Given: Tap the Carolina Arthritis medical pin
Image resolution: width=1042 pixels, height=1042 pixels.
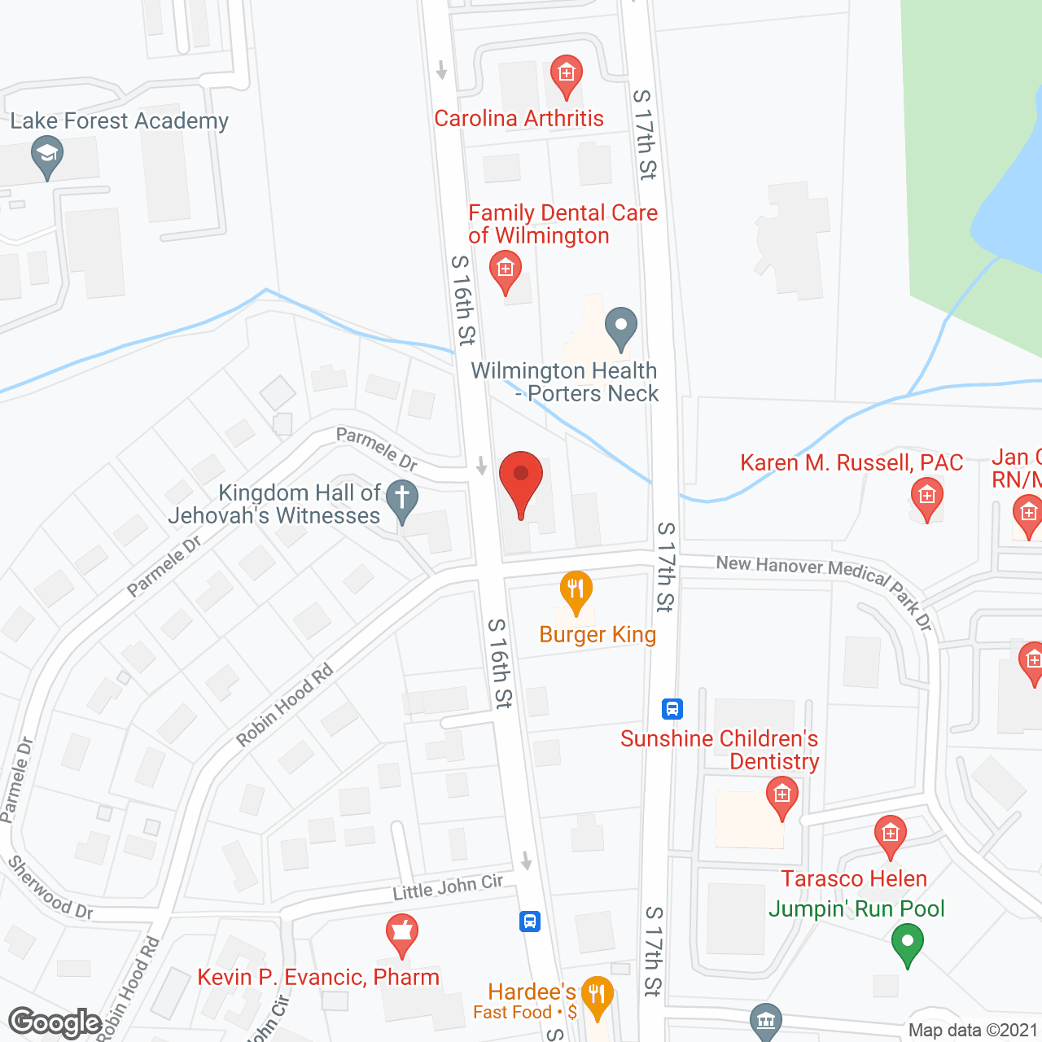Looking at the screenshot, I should [x=566, y=76].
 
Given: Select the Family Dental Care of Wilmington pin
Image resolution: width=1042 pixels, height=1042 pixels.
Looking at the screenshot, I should [x=506, y=270].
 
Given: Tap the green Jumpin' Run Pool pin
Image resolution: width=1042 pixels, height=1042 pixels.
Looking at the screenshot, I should [x=907, y=945].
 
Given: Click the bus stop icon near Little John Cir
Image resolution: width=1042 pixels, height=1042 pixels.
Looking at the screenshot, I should [x=530, y=922].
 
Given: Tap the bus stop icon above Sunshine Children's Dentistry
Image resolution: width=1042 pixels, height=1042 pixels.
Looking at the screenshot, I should [x=672, y=708].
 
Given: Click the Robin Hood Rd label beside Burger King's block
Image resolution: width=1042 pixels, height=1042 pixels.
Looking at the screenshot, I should [x=284, y=705].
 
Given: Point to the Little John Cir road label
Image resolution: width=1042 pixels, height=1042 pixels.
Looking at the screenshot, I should [x=448, y=887].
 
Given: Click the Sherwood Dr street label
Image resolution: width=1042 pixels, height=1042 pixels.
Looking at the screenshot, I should [x=50, y=887].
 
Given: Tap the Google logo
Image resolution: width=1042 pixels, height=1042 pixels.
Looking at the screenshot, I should [x=55, y=1022].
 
